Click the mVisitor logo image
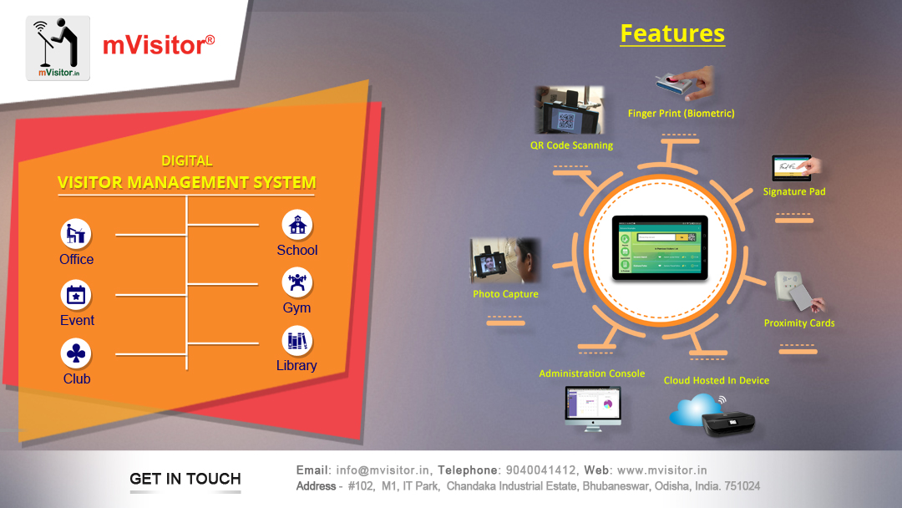[x=58, y=48]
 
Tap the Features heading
[x=672, y=33]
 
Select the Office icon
[x=76, y=233]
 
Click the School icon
[x=296, y=225]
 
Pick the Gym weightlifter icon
[x=296, y=282]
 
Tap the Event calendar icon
[x=76, y=295]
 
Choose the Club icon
[x=76, y=353]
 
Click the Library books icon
[x=296, y=340]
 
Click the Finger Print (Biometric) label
[x=681, y=113]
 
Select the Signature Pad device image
[x=794, y=168]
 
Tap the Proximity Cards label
[x=799, y=323]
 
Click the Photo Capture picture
[x=504, y=262]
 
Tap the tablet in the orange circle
[x=660, y=247]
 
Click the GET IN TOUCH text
[x=185, y=479]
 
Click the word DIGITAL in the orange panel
[x=187, y=160]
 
